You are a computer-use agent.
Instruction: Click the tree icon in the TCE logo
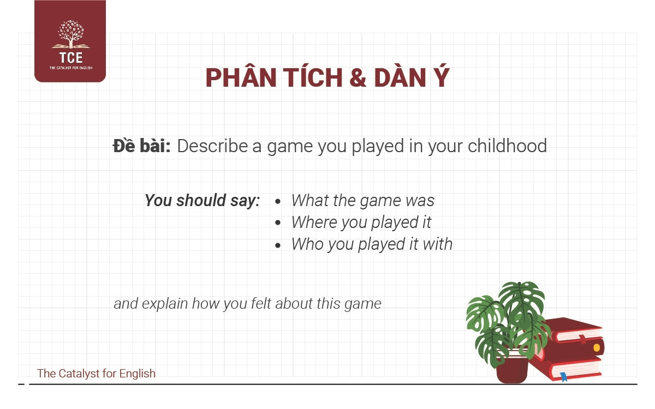coord(71,34)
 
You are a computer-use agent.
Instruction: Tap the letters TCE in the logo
coord(71,58)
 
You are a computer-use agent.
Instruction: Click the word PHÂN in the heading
coord(241,77)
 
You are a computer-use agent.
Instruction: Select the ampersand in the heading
coord(358,77)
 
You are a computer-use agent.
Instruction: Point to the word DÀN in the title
coord(400,77)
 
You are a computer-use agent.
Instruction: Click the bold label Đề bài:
coord(141,146)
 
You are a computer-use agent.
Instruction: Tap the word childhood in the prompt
coord(507,146)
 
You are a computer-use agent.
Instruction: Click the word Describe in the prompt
coord(212,146)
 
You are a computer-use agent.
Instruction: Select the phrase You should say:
coord(202,201)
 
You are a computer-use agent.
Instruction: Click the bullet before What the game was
coord(278,201)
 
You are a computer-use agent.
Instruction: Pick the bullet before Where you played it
coord(278,223)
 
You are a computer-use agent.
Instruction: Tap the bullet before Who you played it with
coord(278,245)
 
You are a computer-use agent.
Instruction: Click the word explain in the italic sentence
coord(165,304)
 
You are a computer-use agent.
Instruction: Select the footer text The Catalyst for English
coord(96,374)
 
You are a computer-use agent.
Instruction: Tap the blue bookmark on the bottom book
coord(564,377)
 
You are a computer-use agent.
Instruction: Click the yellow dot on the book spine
coord(597,348)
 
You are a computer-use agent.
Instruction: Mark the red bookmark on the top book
coord(583,339)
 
